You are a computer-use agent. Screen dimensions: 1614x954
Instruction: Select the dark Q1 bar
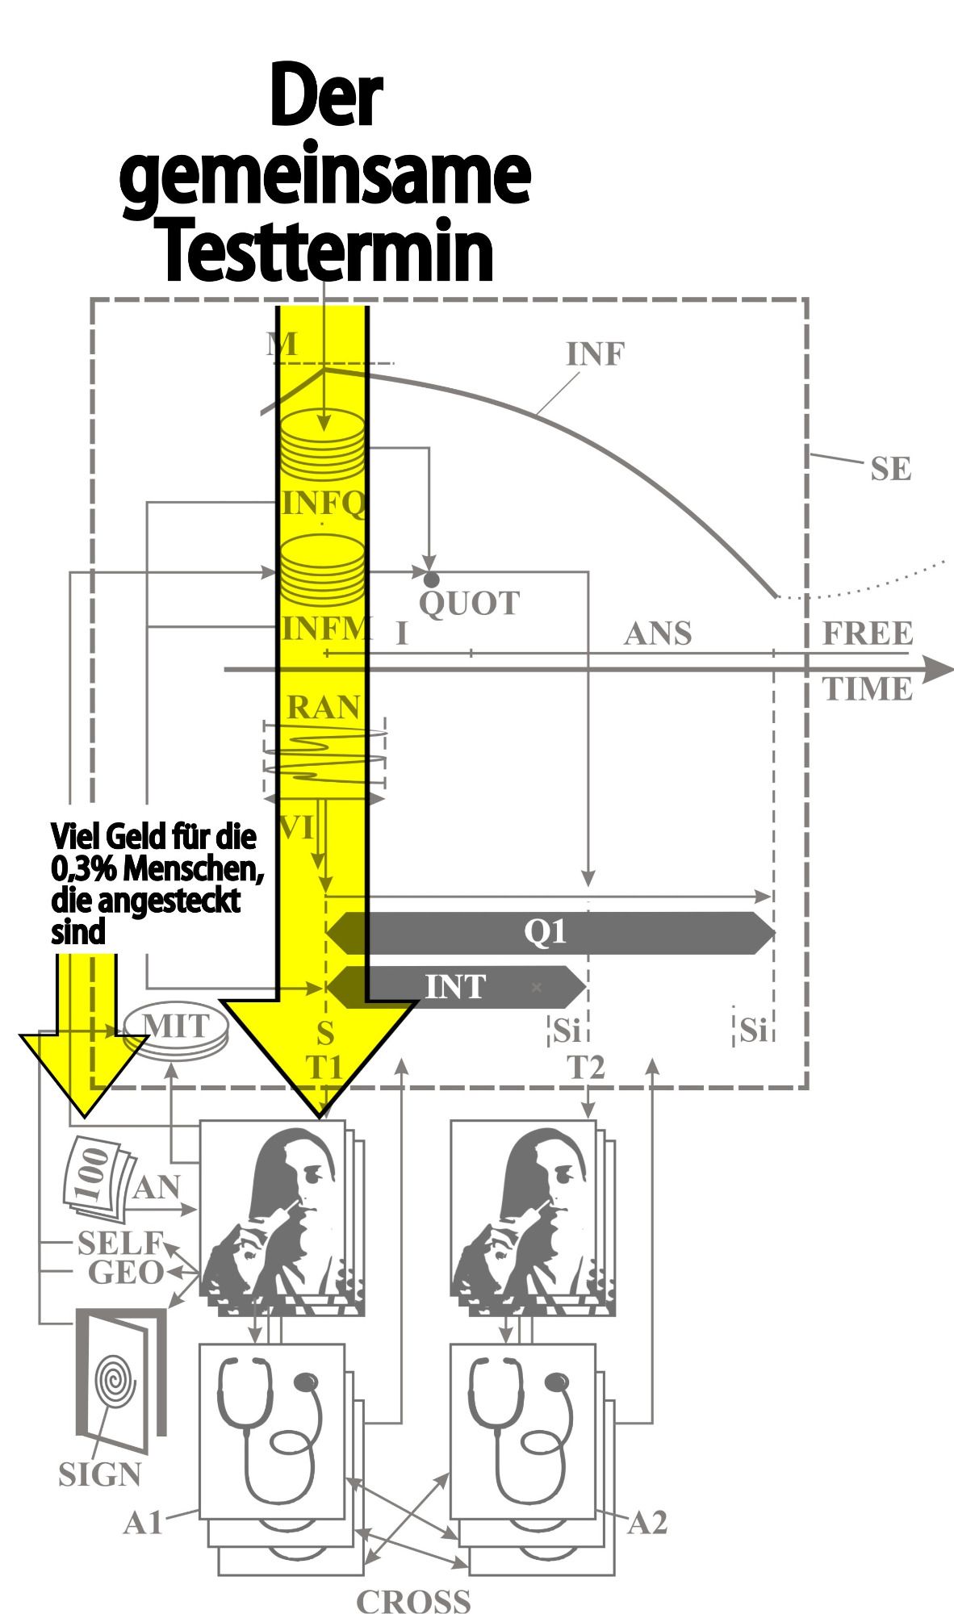[549, 933]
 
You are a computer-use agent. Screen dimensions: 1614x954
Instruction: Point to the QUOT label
[470, 604]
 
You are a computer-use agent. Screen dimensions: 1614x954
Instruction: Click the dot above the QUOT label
[432, 579]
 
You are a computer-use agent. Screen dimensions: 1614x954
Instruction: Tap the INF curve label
[596, 353]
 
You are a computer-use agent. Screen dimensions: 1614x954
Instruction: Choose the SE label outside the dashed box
[890, 469]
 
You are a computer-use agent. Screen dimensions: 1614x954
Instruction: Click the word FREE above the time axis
[868, 633]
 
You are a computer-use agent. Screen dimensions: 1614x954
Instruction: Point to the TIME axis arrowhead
[936, 669]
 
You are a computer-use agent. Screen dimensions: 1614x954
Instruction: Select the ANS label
[658, 634]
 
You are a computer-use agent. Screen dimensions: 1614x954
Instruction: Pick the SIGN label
[99, 1474]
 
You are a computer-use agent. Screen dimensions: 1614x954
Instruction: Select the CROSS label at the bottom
[413, 1601]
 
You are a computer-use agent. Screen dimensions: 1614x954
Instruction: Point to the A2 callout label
[647, 1524]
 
